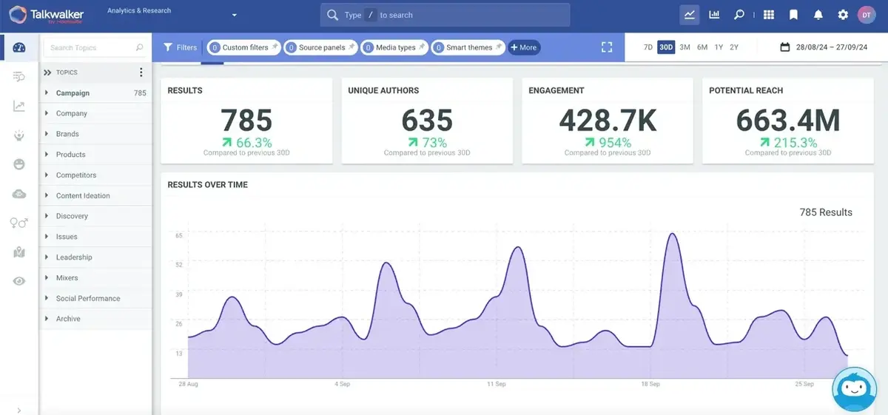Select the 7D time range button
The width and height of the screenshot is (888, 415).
[647, 47]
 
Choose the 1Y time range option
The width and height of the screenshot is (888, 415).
[719, 47]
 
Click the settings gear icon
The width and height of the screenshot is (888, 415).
[843, 15]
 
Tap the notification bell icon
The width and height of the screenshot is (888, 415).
[818, 15]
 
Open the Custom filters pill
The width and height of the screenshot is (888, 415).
[244, 47]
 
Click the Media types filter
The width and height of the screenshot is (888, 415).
[395, 47]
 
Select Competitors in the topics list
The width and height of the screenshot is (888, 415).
[76, 175]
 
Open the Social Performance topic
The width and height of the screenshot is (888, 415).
[87, 298]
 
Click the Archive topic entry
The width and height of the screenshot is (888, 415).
[68, 319]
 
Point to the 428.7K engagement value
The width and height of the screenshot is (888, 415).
[608, 121]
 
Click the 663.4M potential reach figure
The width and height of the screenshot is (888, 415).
[788, 121]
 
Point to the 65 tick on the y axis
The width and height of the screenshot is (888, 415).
[178, 236]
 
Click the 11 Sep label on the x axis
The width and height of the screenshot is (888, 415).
[496, 385]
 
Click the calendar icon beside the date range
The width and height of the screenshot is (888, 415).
[785, 47]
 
